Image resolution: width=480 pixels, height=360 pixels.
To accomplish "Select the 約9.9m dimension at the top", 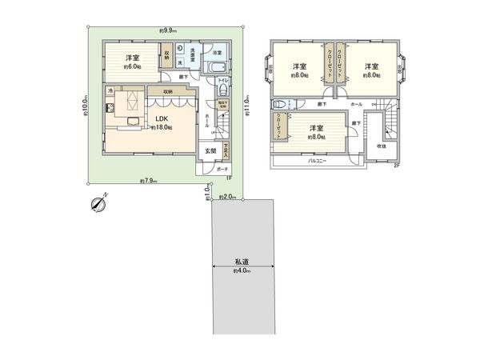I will point(167,30).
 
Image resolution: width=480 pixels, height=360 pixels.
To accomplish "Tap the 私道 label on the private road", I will point(240,262).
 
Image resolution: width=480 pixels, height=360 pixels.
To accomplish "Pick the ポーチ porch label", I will point(223,169).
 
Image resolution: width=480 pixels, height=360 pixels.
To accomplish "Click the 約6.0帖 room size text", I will point(131,67).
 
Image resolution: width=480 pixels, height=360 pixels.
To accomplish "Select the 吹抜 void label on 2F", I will point(382,146).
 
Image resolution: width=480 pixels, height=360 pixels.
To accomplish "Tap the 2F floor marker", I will point(394,166).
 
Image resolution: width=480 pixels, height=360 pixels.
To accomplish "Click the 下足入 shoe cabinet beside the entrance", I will point(226,148).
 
